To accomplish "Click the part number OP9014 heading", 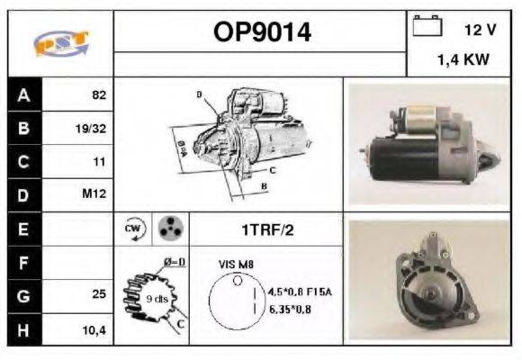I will click(x=262, y=33).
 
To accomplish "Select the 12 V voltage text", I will click(x=479, y=30).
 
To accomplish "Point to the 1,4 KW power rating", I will click(x=464, y=60).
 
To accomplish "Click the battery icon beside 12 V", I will click(x=426, y=26).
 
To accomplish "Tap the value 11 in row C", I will click(x=99, y=162).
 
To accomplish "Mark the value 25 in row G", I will click(x=99, y=295).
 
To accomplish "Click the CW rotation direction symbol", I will click(x=133, y=229).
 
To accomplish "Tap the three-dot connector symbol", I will click(x=169, y=229).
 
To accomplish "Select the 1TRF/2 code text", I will click(x=265, y=230).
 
